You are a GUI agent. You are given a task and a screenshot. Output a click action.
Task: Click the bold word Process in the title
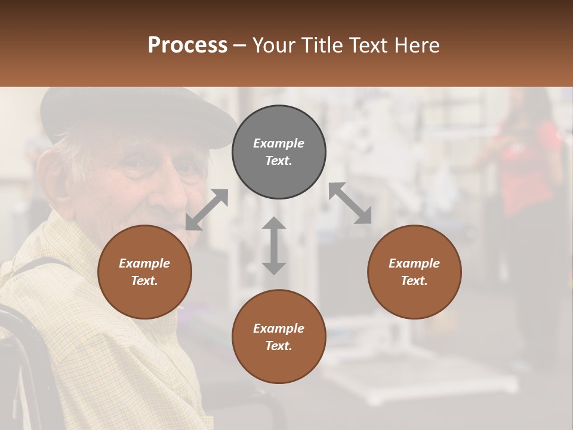coord(187,45)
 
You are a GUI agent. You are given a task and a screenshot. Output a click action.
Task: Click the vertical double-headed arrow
coord(274,245)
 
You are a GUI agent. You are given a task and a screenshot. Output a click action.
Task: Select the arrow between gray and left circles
coord(207,210)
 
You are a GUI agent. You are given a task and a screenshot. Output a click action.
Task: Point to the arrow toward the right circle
coord(350,203)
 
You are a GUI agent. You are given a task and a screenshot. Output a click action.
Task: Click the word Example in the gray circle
coord(279,143)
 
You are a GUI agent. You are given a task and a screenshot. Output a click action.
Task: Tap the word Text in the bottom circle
coord(279,346)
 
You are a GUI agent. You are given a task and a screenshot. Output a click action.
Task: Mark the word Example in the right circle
coord(414,263)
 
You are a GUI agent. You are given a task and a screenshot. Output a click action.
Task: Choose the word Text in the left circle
coord(144,281)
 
